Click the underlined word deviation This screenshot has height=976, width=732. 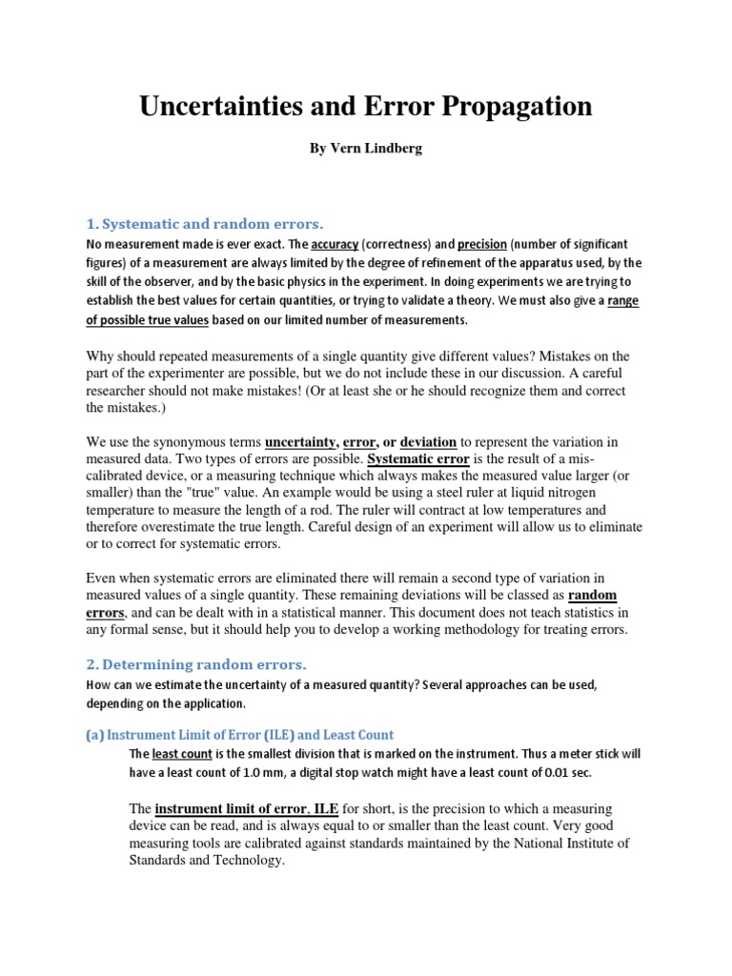point(428,441)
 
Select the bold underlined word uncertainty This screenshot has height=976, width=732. point(300,441)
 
